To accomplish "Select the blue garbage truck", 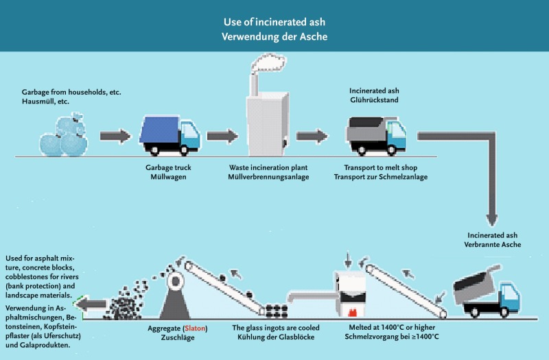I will click(x=170, y=134).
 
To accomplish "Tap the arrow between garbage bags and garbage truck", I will click(x=114, y=135).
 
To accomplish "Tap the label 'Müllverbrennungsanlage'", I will click(x=266, y=177).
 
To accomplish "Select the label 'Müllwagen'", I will click(x=170, y=177).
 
